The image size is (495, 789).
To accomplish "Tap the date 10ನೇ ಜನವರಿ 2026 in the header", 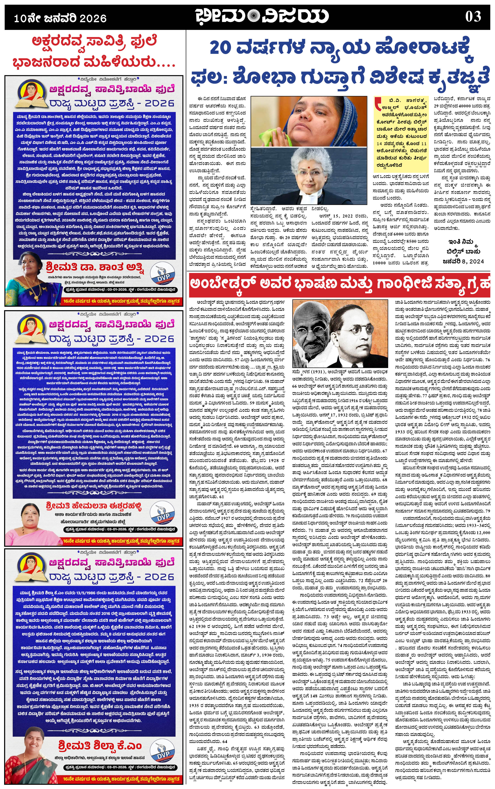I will point(60,18).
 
